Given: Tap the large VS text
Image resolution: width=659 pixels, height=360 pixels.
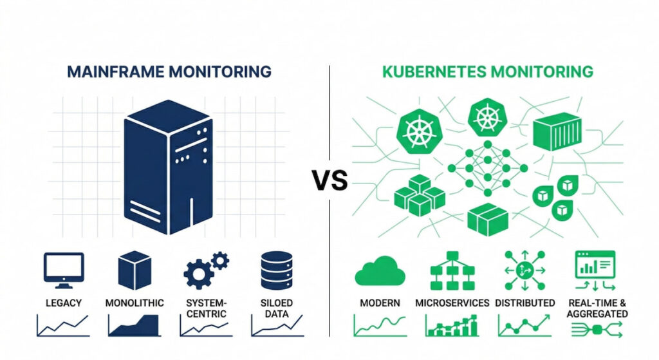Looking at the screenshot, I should pyautogui.click(x=330, y=181).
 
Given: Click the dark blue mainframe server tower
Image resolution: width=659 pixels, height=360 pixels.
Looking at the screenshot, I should pyautogui.click(x=169, y=166).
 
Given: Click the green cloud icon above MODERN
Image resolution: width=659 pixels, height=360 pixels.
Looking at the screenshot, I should pyautogui.click(x=380, y=270).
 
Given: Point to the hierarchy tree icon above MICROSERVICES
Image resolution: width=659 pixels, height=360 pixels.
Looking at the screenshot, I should pyautogui.click(x=452, y=270).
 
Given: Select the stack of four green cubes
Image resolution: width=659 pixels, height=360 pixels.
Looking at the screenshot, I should pyautogui.click(x=419, y=196).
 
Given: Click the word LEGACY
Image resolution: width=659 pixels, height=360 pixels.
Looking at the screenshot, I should pyautogui.click(x=63, y=303).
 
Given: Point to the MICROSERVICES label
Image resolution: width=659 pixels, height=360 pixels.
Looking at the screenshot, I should pyautogui.click(x=452, y=303).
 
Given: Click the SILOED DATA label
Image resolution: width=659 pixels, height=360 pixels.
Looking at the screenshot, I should pyautogui.click(x=277, y=308).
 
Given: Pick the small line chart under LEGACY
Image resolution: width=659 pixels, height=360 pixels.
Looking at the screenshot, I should pyautogui.click(x=63, y=326).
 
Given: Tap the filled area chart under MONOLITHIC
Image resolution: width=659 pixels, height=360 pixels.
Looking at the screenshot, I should pyautogui.click(x=135, y=326).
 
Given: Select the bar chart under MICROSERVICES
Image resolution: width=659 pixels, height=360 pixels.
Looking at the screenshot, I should pyautogui.click(x=452, y=326).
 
